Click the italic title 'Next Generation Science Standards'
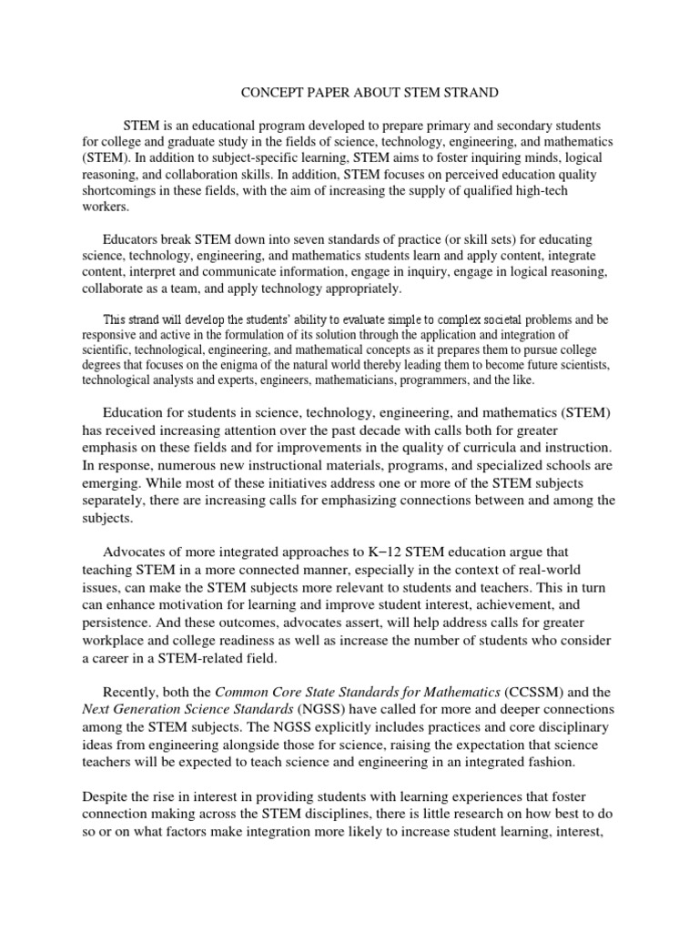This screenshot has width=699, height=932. [x=186, y=708]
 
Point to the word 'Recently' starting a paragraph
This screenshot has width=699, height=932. [x=131, y=691]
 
